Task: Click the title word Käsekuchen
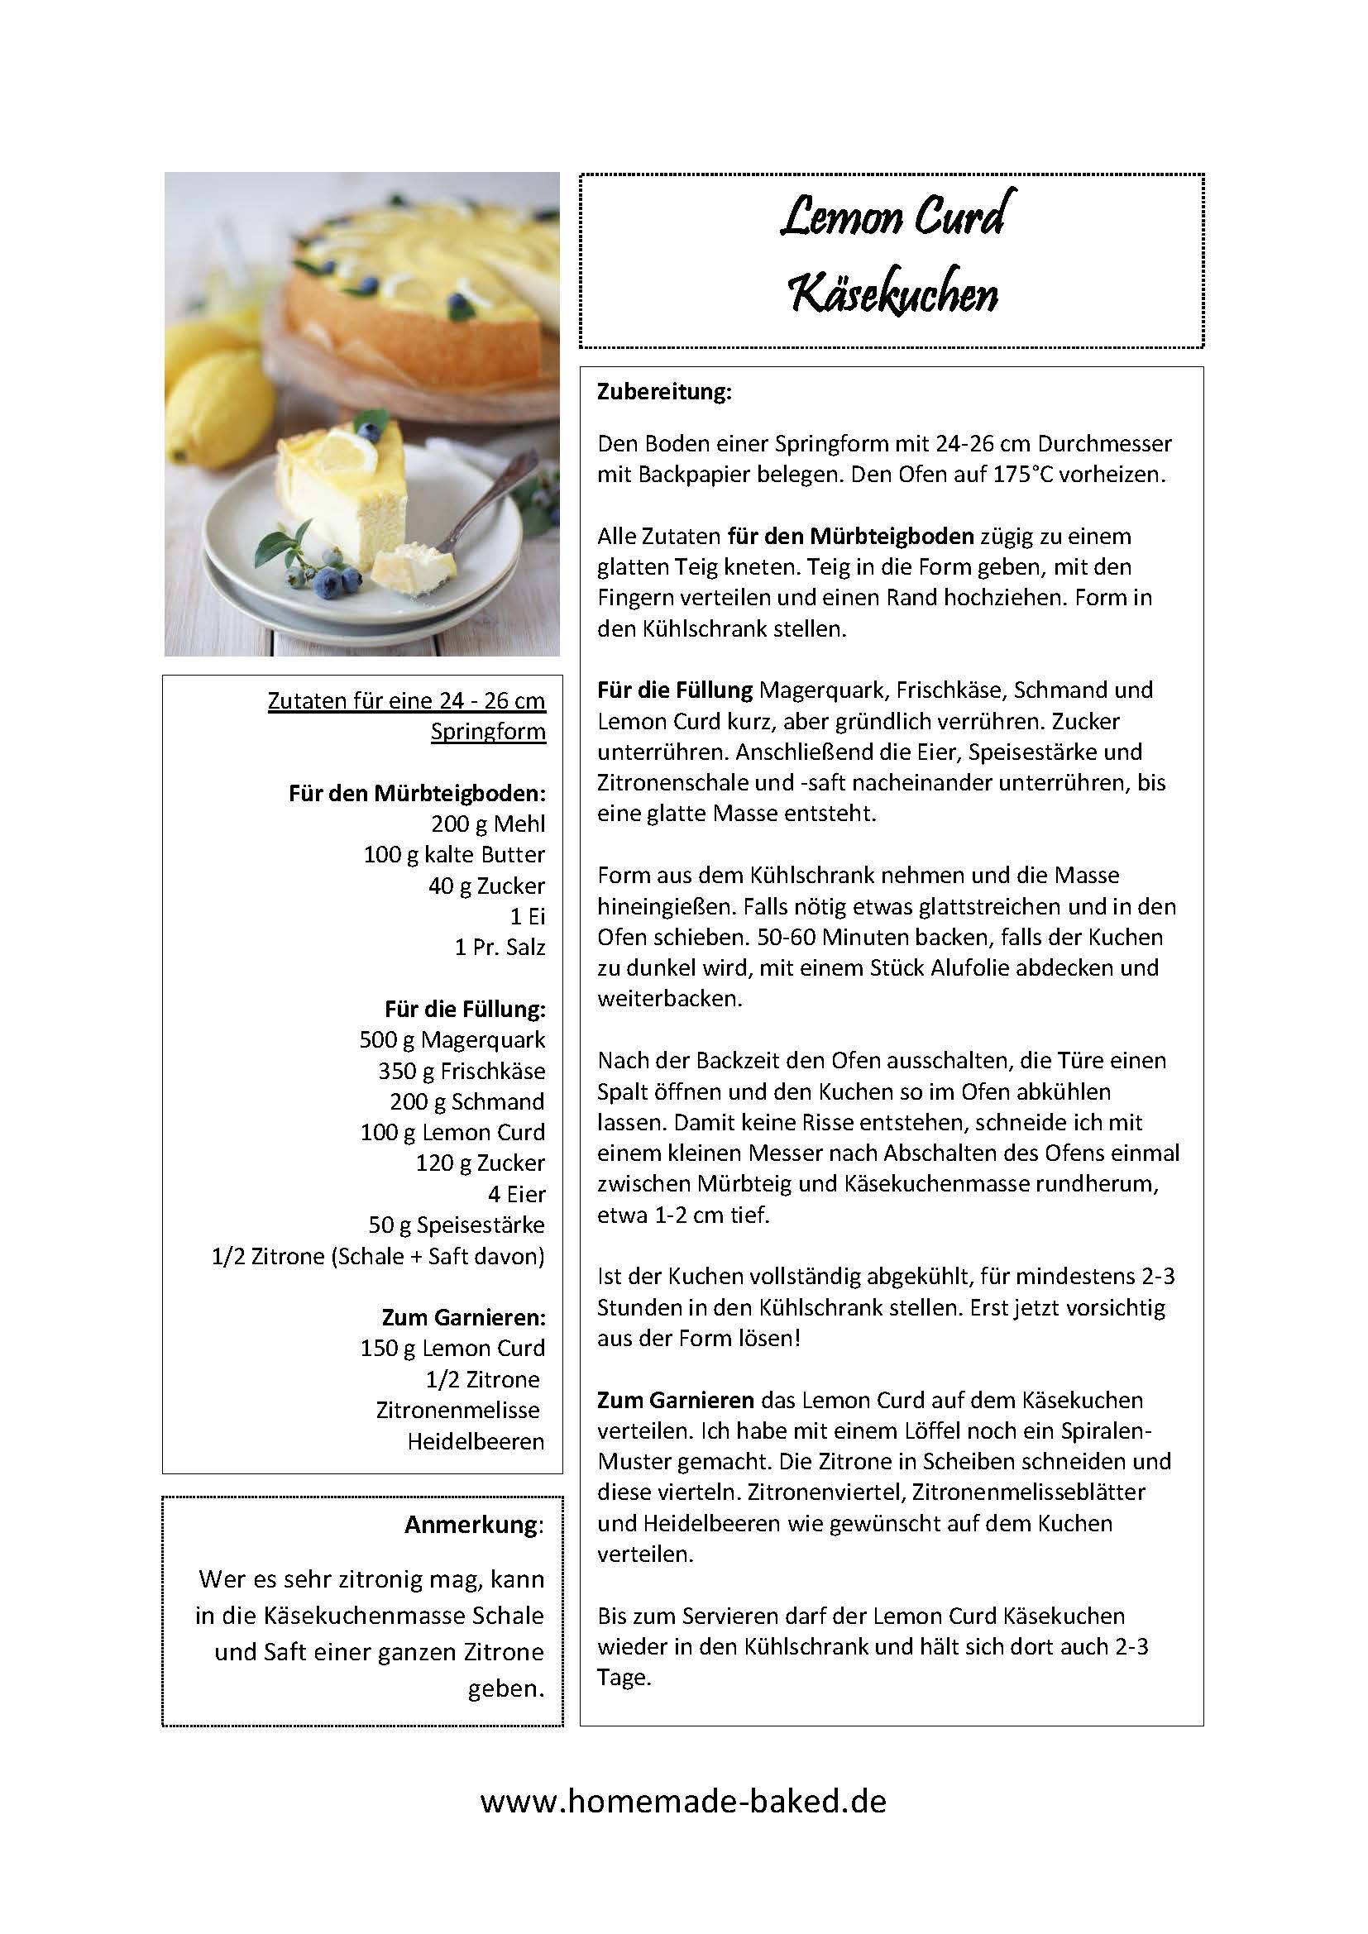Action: point(893,294)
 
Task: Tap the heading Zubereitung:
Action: point(664,392)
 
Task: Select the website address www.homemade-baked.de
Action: point(683,1801)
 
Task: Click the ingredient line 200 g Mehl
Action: point(488,824)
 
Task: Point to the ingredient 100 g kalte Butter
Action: point(454,855)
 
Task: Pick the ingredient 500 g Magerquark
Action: point(452,1040)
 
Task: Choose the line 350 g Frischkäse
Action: point(462,1072)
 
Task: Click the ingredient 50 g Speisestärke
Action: point(457,1225)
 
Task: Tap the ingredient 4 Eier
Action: point(516,1195)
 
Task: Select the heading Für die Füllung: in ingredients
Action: point(465,1009)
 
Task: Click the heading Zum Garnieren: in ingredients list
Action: point(463,1317)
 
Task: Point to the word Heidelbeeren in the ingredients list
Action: point(476,1441)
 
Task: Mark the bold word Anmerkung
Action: point(472,1525)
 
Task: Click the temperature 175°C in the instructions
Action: point(1022,475)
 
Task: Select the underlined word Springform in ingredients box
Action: point(488,731)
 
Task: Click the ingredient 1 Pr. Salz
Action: point(500,948)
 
